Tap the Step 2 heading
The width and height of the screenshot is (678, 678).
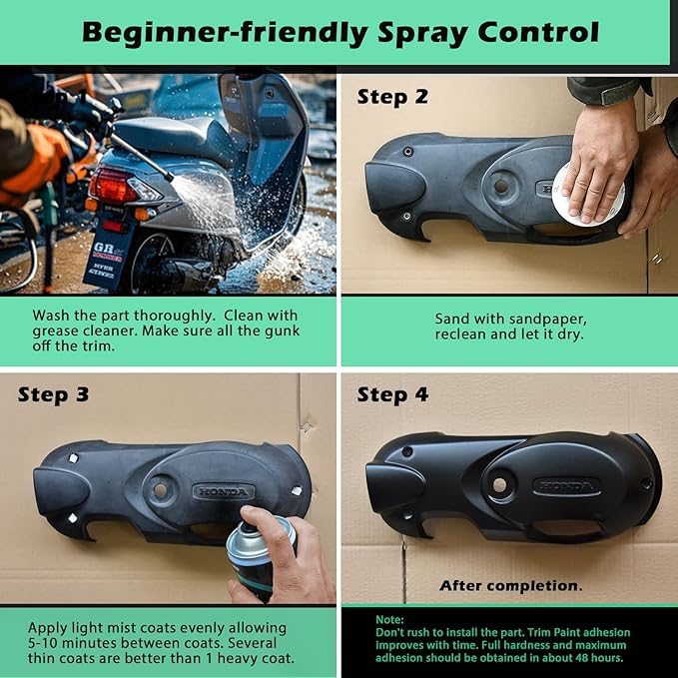click(x=392, y=97)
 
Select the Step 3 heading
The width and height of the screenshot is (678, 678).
click(x=53, y=395)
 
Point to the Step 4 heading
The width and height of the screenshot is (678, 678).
click(x=392, y=395)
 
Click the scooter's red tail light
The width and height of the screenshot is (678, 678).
click(x=113, y=186)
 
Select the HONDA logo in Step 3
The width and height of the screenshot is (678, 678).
click(x=224, y=492)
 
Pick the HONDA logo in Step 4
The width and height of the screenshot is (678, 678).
click(x=566, y=486)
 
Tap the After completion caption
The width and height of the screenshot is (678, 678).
click(x=510, y=586)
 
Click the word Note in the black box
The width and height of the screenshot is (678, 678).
click(x=389, y=620)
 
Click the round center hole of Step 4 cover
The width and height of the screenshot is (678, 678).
click(x=500, y=485)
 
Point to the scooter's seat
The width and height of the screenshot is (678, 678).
click(x=173, y=138)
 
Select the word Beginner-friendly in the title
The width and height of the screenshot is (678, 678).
click(x=225, y=33)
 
